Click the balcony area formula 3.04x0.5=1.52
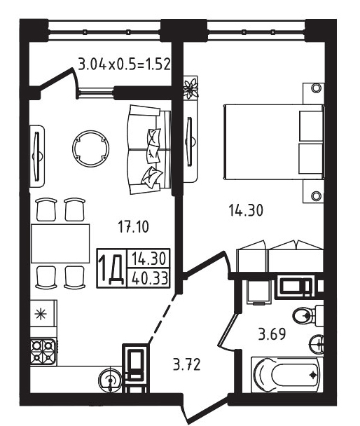125,64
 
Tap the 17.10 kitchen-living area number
134,226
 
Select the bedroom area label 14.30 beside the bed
246,210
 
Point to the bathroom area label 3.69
272,334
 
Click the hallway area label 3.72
187,364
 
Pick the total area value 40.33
149,277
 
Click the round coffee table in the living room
91,149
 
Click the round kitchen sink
110,379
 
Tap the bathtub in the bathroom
287,375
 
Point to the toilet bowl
307,315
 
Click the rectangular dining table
60,243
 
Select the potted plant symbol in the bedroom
191,88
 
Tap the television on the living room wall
37,156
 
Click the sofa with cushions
148,149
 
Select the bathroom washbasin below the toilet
317,344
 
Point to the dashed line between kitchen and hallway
162,319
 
